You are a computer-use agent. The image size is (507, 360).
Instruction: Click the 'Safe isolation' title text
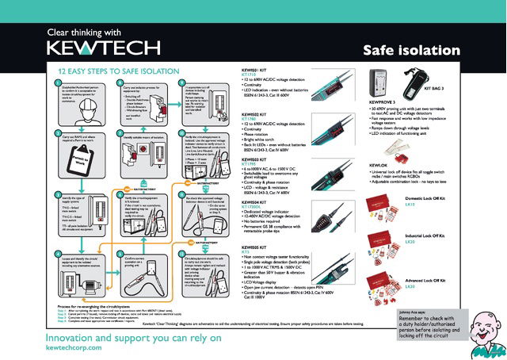[x=411, y=51]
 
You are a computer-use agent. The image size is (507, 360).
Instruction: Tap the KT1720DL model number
[x=253, y=208]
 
